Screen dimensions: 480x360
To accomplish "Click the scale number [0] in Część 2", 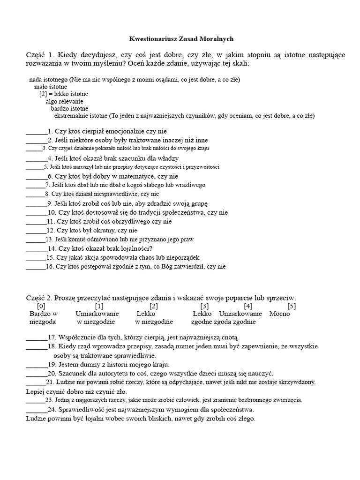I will tap(41, 306).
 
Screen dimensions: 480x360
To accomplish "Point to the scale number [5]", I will tap(292, 306).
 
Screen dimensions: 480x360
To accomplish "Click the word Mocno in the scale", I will tap(280, 314).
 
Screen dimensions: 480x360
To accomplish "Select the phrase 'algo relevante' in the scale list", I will tap(64, 101).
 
